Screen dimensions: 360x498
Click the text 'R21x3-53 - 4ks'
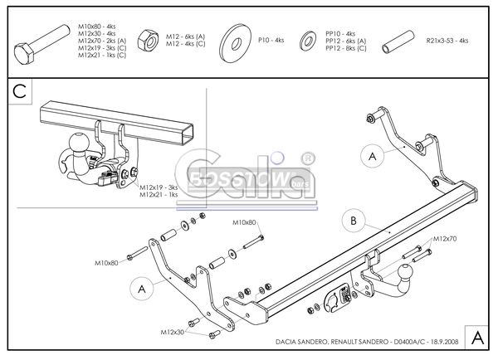click(x=447, y=40)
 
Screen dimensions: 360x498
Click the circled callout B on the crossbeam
click(x=353, y=221)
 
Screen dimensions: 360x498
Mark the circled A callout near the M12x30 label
click(x=142, y=288)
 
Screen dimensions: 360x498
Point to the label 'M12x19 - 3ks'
click(x=159, y=187)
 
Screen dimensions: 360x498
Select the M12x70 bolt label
click(x=443, y=239)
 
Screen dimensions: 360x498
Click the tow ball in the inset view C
click(x=77, y=143)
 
